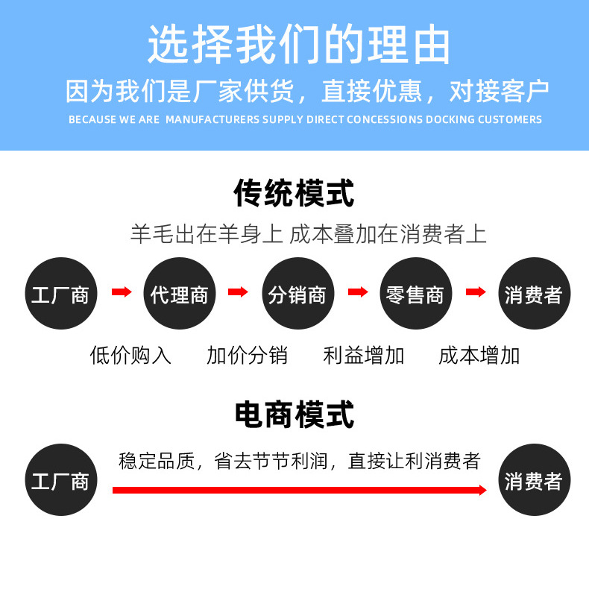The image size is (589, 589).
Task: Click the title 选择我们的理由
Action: point(299,46)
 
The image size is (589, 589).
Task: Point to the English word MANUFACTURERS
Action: point(212,119)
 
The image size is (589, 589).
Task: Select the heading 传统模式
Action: point(294,194)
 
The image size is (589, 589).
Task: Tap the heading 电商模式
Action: point(294,415)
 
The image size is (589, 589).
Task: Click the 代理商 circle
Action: point(179,294)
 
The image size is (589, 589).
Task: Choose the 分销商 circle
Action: point(297,294)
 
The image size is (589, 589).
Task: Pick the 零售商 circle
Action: point(415,294)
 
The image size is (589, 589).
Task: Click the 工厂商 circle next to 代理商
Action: point(60,294)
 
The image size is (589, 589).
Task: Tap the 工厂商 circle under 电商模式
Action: point(60,480)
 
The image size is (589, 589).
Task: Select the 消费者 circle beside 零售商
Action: point(533,294)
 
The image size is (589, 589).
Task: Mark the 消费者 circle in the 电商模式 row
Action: point(533,480)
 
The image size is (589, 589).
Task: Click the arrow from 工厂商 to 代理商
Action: point(121,292)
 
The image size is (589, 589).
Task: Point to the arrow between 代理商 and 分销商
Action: point(238,292)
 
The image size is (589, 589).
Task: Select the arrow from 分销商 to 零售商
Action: point(357,292)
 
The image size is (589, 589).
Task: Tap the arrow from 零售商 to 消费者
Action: point(475,292)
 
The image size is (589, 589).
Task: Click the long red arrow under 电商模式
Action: point(298,490)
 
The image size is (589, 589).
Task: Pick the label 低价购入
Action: point(130,355)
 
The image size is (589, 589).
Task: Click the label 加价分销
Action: point(247,355)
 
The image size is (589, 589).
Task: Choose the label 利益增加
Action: point(364,355)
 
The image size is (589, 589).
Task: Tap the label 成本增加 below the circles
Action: point(479,355)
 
